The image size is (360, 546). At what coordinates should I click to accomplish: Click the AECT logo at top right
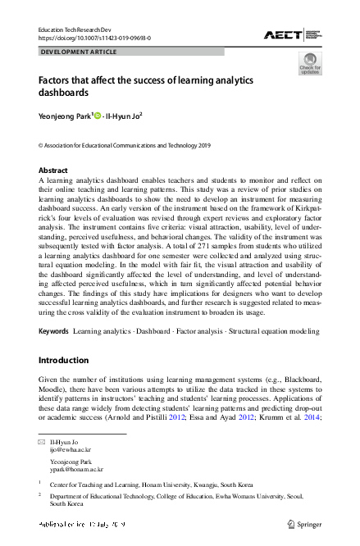291,34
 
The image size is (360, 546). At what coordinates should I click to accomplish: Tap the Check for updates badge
309,63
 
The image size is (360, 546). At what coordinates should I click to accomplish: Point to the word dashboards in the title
66,93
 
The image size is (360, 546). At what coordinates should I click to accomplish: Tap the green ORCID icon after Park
98,116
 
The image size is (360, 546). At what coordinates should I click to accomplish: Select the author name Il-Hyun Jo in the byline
124,116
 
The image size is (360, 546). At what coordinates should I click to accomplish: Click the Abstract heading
53,171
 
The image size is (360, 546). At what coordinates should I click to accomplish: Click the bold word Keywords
53,331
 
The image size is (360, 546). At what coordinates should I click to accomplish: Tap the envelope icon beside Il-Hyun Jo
42,442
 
